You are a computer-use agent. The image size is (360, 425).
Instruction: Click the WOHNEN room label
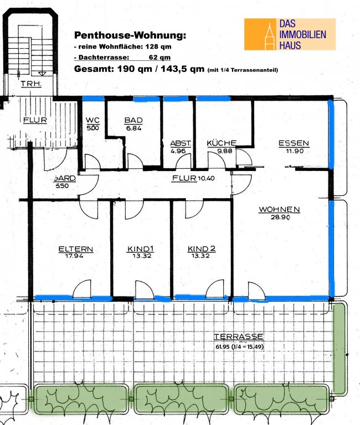(280, 210)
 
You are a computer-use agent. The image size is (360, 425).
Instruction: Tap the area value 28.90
(280, 217)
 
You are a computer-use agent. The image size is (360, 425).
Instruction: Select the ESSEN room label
(294, 143)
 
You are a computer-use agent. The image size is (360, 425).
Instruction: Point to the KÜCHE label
(222, 143)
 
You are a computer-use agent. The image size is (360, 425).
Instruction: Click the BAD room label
(133, 120)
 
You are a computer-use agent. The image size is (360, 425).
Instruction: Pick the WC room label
(93, 120)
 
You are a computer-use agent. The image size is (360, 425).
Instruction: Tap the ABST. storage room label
(181, 143)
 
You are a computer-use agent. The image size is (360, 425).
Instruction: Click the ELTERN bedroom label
(76, 249)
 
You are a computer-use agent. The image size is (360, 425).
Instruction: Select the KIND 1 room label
(141, 249)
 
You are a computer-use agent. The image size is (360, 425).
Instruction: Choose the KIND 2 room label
(202, 249)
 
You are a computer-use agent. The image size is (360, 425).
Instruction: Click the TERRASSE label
(239, 336)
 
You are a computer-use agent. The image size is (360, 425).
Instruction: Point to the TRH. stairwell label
(31, 84)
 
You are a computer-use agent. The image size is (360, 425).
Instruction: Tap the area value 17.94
(74, 256)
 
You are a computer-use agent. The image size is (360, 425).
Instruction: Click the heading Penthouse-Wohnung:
(130, 35)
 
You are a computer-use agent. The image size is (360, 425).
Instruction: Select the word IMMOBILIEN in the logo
(303, 34)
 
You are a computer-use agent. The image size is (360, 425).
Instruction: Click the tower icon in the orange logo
(269, 36)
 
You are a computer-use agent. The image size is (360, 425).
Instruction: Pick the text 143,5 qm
(182, 69)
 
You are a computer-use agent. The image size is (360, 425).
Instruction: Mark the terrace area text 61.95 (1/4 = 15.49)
(240, 346)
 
